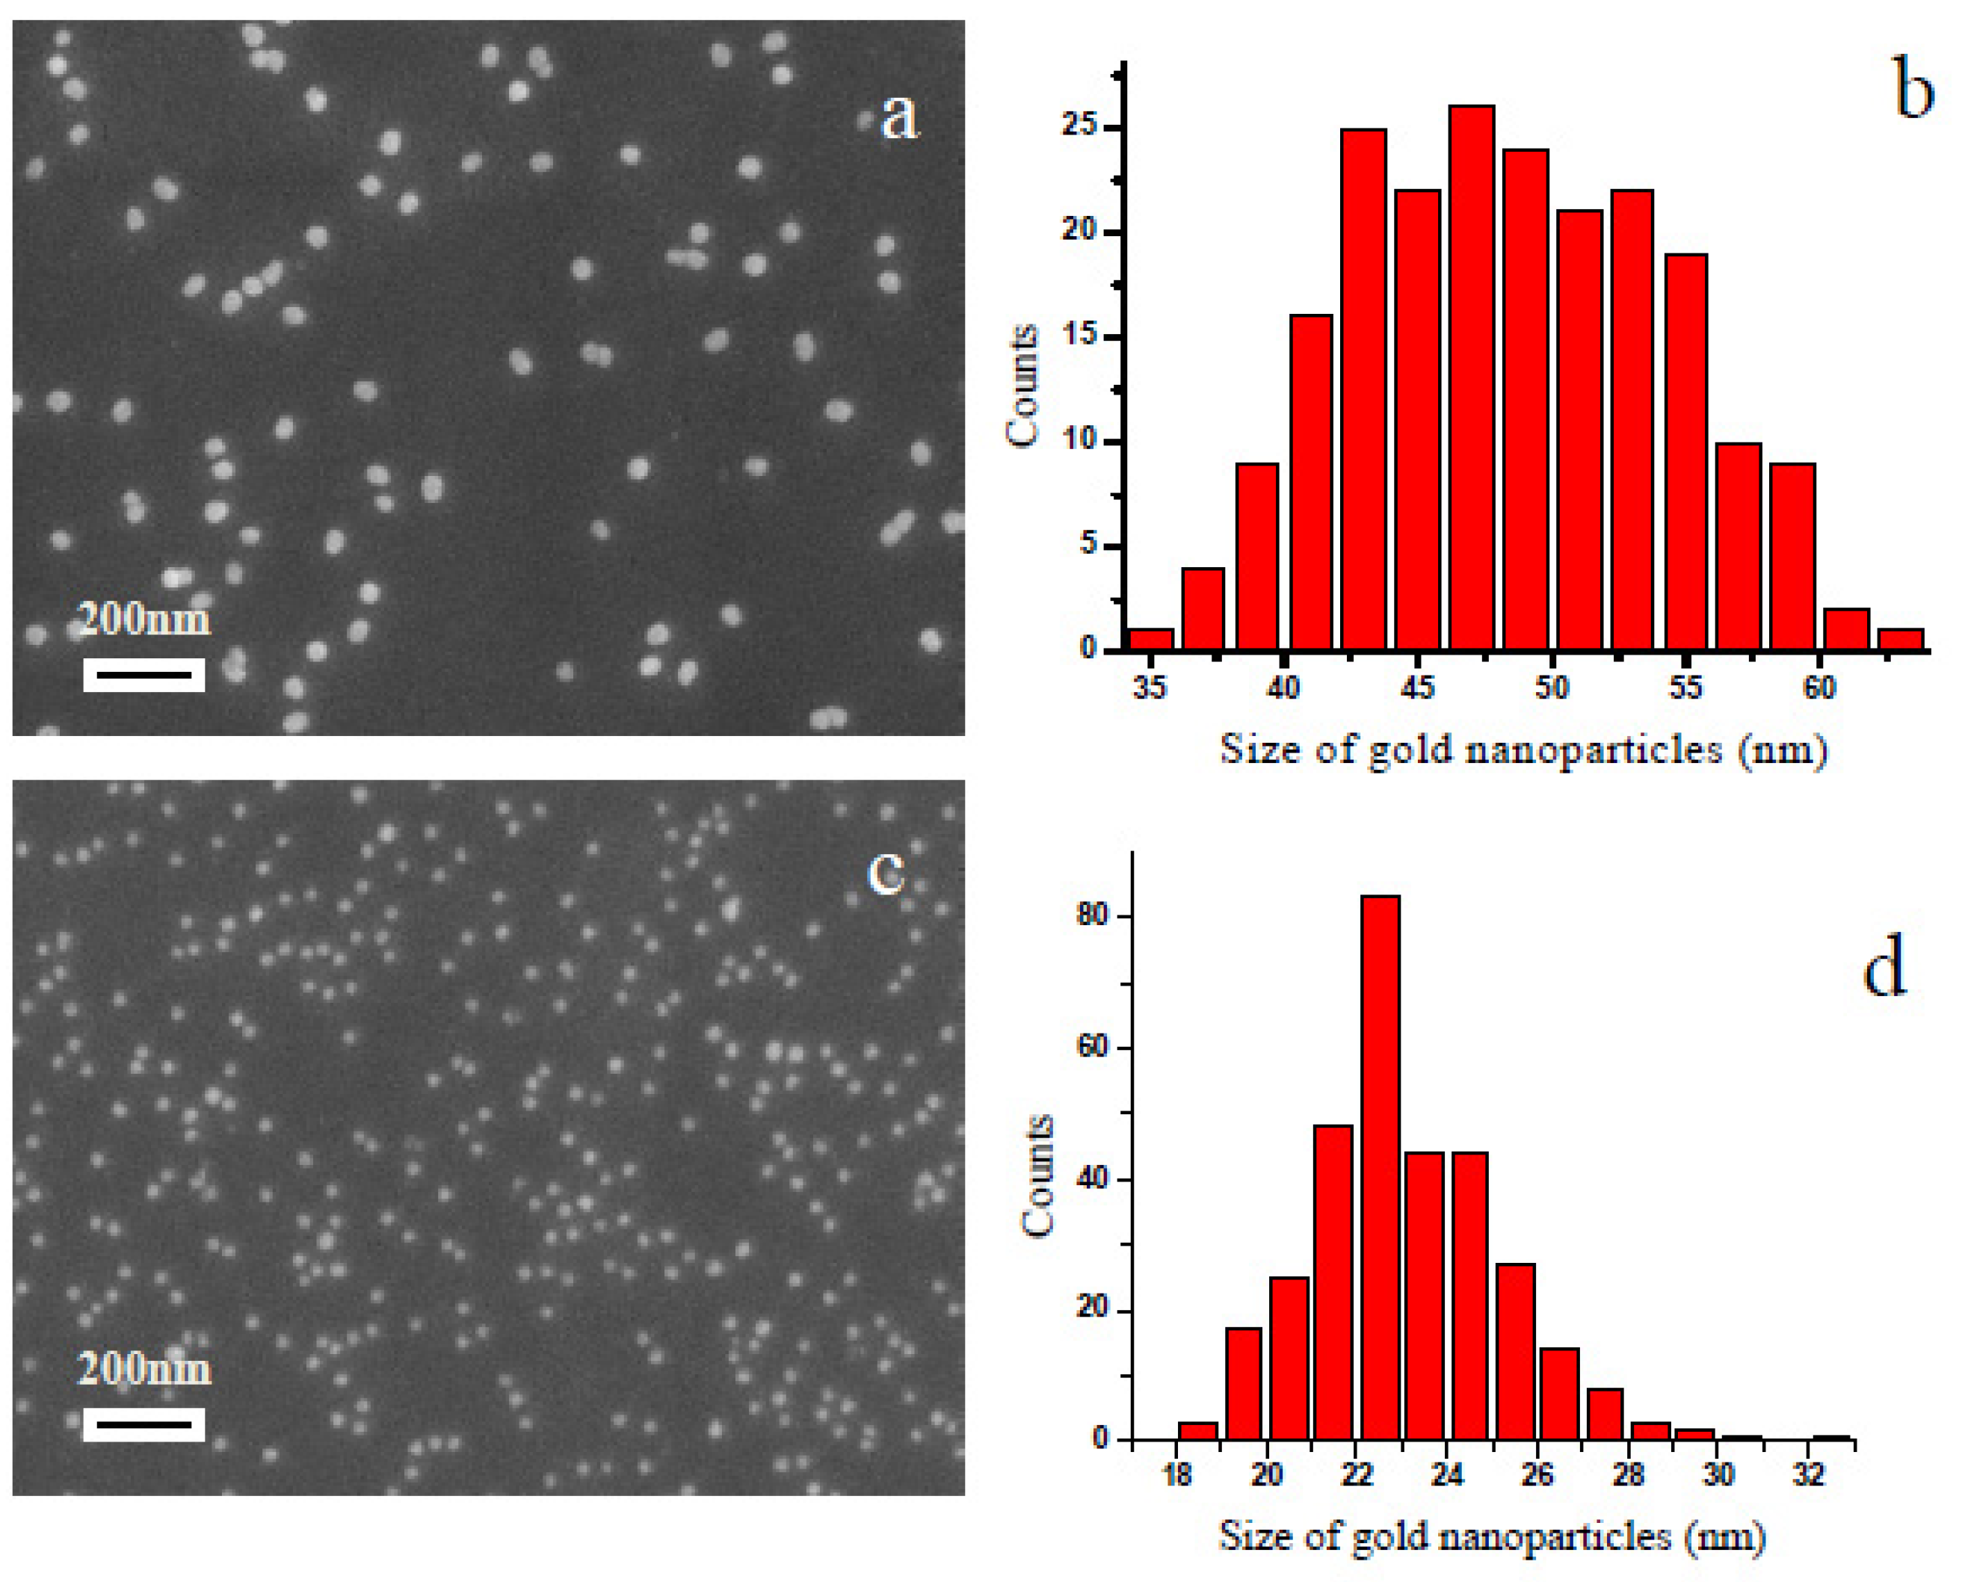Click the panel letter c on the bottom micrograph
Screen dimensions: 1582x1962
[885, 872]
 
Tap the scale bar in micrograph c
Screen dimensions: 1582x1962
[144, 1424]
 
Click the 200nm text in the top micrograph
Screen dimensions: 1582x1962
[144, 619]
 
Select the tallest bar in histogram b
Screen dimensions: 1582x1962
[1472, 377]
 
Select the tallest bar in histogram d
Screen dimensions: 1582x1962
[1380, 1167]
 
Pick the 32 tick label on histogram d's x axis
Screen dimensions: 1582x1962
[1808, 1474]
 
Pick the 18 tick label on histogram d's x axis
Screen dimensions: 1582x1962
[1177, 1474]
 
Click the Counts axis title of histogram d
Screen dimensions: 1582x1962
[1037, 1175]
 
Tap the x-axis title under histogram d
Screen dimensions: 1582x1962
[1493, 1536]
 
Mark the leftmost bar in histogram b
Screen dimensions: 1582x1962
[1151, 640]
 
